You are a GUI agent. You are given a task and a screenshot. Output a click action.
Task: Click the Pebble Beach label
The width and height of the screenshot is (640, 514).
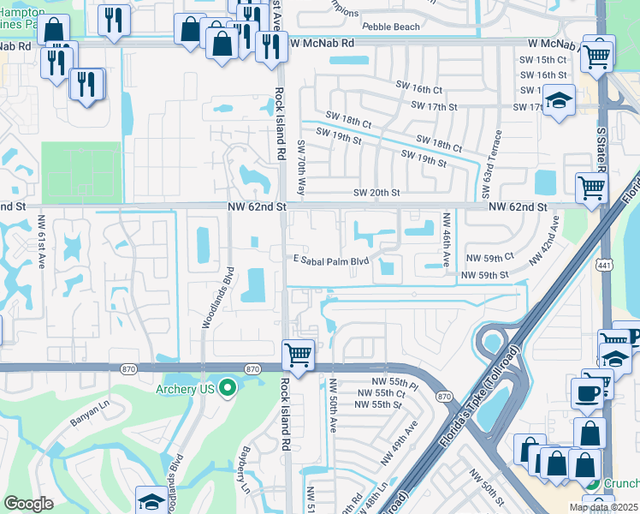pos(391,27)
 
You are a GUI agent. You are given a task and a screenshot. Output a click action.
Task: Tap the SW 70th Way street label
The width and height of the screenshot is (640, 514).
pos(300,167)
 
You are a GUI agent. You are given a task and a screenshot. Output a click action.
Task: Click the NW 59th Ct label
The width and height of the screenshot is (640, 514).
pos(489,257)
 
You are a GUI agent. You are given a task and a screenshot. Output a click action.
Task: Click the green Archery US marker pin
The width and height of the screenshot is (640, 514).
pos(227,389)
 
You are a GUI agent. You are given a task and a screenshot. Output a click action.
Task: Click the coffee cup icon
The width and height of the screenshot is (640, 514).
pos(587,393)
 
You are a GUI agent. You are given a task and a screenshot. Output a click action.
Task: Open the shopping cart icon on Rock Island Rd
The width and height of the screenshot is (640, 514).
pos(297,353)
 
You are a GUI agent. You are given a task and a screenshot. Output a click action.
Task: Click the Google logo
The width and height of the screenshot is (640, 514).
pos(28,504)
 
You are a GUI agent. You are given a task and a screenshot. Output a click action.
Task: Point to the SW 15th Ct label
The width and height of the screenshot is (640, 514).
pos(548,59)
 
